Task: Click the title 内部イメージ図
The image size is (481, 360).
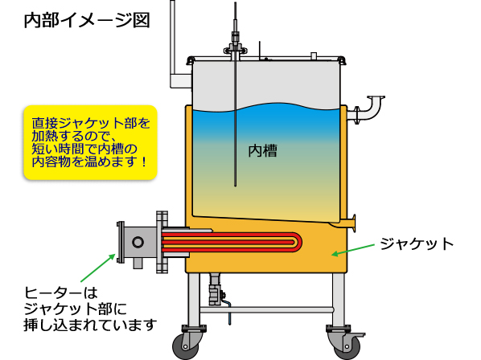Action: pyautogui.click(x=87, y=21)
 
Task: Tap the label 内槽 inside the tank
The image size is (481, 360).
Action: pyautogui.click(x=262, y=151)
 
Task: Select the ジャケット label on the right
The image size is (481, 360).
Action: pyautogui.click(x=417, y=243)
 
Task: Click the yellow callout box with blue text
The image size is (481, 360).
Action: pyautogui.click(x=90, y=142)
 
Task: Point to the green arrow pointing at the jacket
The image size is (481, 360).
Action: pyautogui.click(x=353, y=249)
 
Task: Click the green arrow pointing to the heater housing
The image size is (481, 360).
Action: pyautogui.click(x=98, y=268)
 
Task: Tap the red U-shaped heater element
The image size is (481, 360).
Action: pyautogui.click(x=232, y=242)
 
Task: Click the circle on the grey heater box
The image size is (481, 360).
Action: pyautogui.click(x=138, y=242)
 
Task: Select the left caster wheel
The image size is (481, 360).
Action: pyautogui.click(x=186, y=346)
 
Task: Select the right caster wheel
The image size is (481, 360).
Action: pyautogui.click(x=347, y=346)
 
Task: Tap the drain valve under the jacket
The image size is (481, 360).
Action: pyautogui.click(x=216, y=290)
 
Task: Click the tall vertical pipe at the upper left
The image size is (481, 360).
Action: pyautogui.click(x=172, y=40)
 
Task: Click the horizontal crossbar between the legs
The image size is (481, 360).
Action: pyautogui.click(x=266, y=309)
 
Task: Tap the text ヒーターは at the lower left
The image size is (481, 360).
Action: pyautogui.click(x=61, y=293)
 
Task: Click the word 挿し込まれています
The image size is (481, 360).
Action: pyautogui.click(x=91, y=325)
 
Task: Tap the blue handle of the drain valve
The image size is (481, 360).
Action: pyautogui.click(x=228, y=312)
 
